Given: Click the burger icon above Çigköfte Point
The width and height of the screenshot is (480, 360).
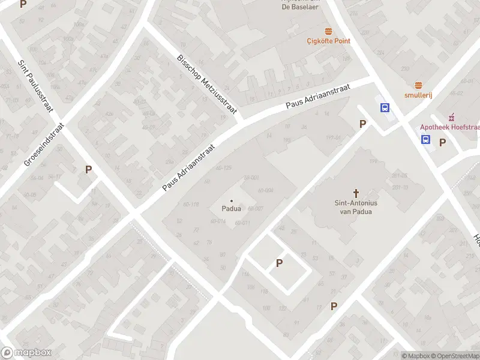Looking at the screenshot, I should click(328, 31).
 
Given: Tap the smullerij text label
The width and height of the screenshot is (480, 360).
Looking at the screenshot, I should click(418, 95).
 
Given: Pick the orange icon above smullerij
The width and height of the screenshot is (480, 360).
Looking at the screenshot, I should click(418, 85).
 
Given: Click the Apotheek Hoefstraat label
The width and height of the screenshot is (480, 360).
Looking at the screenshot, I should click(449, 127).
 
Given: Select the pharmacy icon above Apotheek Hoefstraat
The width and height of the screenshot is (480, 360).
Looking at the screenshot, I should click(454, 116).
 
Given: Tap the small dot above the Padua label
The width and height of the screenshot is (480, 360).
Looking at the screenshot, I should click(232, 200).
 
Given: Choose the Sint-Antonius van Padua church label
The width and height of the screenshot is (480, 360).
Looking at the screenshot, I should click(356, 207).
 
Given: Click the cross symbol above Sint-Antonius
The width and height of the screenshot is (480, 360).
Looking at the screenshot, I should click(356, 193).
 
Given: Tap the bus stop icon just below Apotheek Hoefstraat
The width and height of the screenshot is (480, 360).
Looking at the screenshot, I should click(425, 140).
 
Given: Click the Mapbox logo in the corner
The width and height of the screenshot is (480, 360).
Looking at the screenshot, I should click(26, 353).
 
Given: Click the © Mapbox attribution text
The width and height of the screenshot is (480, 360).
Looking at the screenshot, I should click(415, 356).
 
